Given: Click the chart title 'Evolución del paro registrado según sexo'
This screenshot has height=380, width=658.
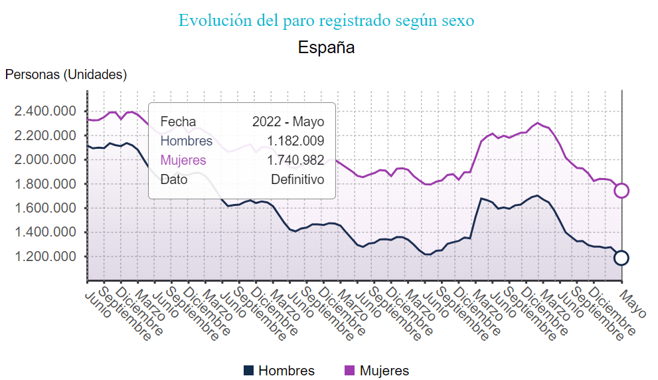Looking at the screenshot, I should click(326, 21).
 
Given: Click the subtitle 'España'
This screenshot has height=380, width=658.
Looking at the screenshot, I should click(326, 48).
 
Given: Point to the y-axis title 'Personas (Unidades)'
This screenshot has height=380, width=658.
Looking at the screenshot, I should click(66, 74).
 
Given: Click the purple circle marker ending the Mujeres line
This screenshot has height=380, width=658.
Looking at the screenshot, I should click(621, 191).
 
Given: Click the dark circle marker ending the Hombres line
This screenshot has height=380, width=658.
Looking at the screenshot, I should click(621, 258).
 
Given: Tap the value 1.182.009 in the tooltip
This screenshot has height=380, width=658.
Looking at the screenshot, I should click(295, 141).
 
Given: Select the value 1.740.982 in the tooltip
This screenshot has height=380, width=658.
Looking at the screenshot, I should click(295, 160).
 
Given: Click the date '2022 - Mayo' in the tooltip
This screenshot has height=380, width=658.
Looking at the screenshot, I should click(288, 122).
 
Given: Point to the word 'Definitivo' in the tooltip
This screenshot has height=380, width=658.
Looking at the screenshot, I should click(297, 179).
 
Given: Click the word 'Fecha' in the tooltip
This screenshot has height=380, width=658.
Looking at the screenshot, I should click(178, 122).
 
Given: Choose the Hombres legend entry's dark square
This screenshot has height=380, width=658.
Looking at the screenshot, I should click(249, 371).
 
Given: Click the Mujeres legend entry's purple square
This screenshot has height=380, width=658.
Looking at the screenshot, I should click(350, 371).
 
